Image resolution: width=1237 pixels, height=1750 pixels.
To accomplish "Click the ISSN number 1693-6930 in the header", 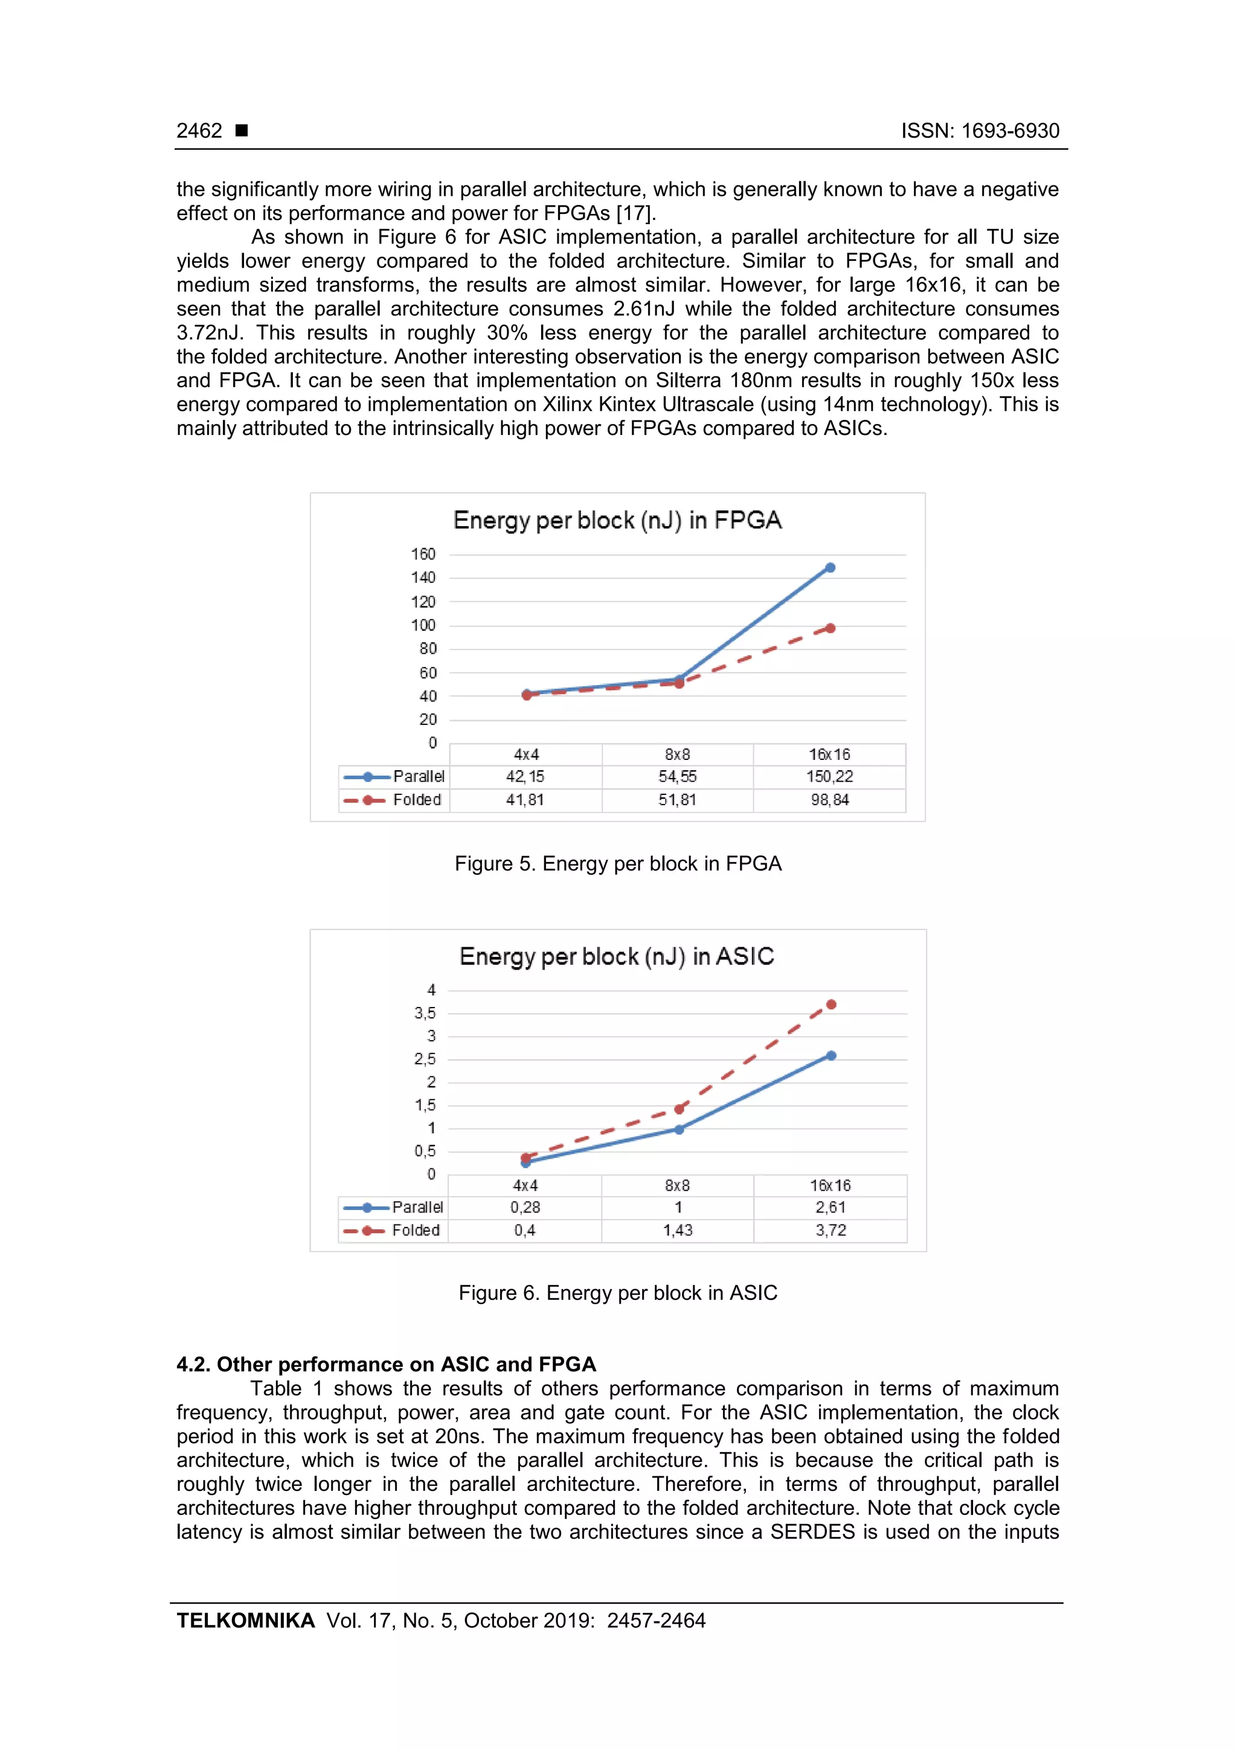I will tap(1010, 131).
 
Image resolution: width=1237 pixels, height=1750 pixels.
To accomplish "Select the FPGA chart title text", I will tap(617, 521).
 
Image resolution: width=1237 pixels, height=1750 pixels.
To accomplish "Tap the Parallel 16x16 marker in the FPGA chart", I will tap(830, 568).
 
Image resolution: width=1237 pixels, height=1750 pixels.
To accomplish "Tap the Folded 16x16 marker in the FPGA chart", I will tap(830, 629).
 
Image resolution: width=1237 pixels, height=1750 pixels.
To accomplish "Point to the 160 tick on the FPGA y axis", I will tap(423, 554).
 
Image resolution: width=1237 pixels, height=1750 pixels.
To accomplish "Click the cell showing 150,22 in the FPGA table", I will tap(829, 777).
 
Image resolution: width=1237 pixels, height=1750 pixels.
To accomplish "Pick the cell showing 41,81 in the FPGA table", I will tap(525, 800).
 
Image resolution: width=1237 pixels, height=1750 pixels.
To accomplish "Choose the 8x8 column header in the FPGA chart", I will tap(677, 754).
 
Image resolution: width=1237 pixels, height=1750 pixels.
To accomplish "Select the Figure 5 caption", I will tap(618, 864).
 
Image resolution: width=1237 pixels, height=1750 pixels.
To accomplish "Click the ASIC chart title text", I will tap(617, 957).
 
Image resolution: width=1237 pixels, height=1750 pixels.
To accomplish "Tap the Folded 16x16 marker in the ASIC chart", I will tap(831, 1005).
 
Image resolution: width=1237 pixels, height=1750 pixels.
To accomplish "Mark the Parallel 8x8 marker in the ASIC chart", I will tap(679, 1130).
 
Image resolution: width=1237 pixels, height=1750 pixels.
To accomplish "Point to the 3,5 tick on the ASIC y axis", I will tap(425, 1014).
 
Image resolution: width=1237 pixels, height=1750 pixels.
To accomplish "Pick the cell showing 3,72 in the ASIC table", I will tap(830, 1230).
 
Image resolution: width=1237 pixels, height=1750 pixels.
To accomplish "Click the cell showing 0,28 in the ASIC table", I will tap(525, 1208).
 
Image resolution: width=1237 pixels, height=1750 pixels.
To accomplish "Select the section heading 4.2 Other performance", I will tap(386, 1365).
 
